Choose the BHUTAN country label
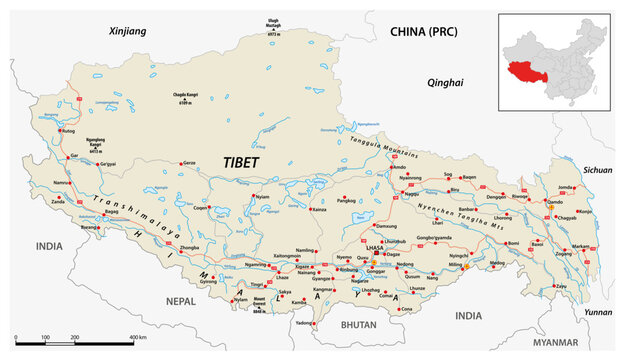coord(357,326)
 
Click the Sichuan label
coord(597,171)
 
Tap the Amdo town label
coord(399,167)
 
